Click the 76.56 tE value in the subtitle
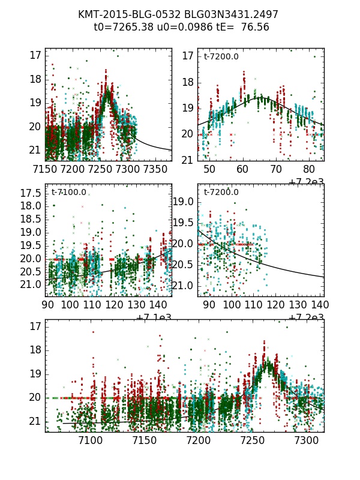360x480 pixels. coord(254,27)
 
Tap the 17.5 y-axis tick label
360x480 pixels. coord(35,193)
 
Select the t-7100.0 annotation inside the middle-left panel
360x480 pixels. coord(68,192)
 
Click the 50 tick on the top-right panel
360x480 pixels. coord(209,169)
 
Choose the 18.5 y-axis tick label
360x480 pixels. coord(35,219)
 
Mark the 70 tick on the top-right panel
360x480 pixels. coord(276,169)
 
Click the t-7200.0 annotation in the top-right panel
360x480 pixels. coord(221,56)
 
